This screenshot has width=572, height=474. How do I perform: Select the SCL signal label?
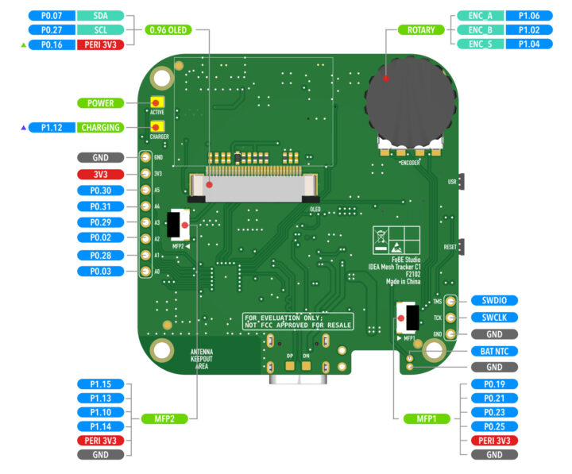[x=100, y=30]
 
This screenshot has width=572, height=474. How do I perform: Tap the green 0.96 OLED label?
[x=168, y=30]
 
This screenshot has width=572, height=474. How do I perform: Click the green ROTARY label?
[x=421, y=30]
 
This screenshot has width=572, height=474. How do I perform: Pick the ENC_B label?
[x=480, y=30]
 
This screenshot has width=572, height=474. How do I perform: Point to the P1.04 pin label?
[x=529, y=44]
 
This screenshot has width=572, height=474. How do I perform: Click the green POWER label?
[x=100, y=103]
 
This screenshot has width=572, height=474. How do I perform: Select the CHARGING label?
[x=100, y=127]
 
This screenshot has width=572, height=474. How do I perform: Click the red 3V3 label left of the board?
[x=100, y=174]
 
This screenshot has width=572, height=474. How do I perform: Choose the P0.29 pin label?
[x=100, y=222]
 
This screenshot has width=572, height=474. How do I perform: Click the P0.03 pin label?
[x=100, y=272]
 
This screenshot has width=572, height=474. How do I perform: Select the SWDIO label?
[x=493, y=301]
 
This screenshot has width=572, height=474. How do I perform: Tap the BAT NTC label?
[x=493, y=350]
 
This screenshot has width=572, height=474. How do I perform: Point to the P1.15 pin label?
[x=100, y=384]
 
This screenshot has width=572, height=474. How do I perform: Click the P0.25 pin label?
[x=493, y=426]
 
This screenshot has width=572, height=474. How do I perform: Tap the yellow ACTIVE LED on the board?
[x=157, y=103]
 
